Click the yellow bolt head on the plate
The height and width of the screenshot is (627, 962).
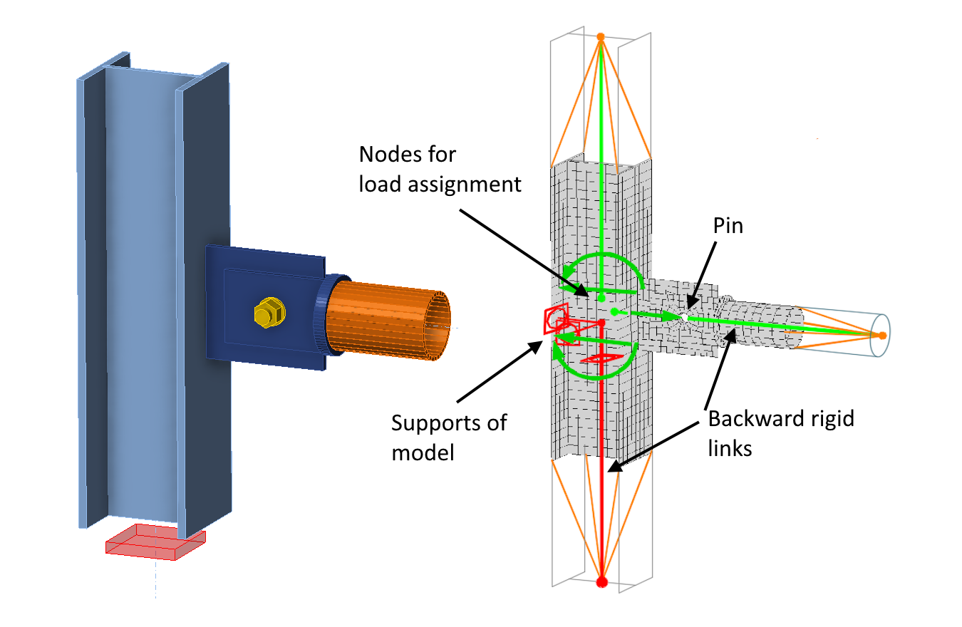point(269,313)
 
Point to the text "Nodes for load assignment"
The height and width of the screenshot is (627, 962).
point(440,170)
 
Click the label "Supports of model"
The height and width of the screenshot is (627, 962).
point(449,437)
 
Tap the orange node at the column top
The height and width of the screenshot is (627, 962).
point(601,36)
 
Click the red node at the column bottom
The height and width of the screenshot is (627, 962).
point(601,582)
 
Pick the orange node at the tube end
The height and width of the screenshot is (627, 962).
point(882,335)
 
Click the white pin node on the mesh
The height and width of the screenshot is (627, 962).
point(683,316)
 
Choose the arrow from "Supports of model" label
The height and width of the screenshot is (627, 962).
point(499,370)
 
